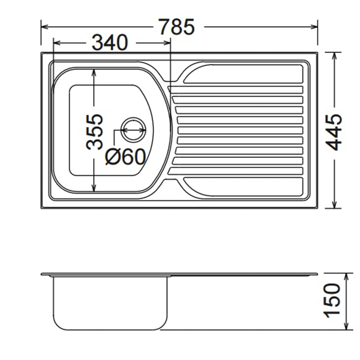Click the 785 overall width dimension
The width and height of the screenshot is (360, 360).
pyautogui.click(x=177, y=27)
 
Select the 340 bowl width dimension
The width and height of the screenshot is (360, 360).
pyautogui.click(x=110, y=43)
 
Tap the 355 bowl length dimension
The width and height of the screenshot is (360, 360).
pyautogui.click(x=95, y=132)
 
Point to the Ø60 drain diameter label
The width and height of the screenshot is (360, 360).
pyautogui.click(x=125, y=156)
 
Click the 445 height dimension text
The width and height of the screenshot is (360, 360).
pyautogui.click(x=334, y=132)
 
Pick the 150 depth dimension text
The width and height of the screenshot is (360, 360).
pyautogui.click(x=332, y=301)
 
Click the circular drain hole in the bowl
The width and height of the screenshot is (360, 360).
pyautogui.click(x=133, y=130)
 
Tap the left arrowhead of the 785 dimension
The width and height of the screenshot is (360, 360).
pyautogui.click(x=45, y=27)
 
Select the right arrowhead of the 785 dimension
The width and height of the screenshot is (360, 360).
pyautogui.click(x=314, y=27)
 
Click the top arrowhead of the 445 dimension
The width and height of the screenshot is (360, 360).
pyautogui.click(x=334, y=56)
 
